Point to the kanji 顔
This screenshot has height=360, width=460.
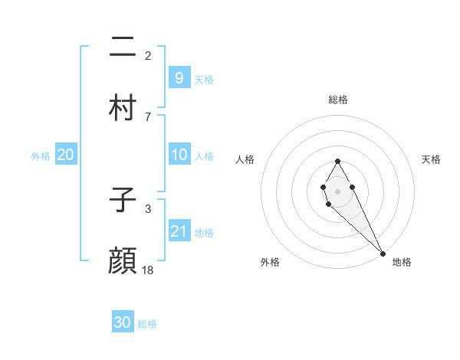click(123, 260)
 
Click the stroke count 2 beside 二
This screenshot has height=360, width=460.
click(148, 56)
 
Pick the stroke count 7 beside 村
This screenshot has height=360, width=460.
click(148, 116)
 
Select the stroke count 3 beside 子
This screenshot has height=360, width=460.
click(148, 208)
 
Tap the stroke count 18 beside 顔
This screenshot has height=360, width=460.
click(149, 270)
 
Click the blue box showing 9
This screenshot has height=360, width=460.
click(179, 77)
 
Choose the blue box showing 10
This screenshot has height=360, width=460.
click(179, 154)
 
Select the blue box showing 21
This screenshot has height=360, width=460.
click(179, 231)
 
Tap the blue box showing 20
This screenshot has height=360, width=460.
click(65, 155)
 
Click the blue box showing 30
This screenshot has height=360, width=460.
click(123, 322)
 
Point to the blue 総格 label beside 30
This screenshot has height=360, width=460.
click(147, 324)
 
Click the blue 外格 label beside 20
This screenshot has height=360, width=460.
click(41, 156)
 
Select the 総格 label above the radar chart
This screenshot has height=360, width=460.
click(337, 100)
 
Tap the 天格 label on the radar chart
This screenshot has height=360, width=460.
click(431, 159)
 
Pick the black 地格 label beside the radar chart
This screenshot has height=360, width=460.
click(402, 262)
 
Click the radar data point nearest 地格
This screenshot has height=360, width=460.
click(383, 253)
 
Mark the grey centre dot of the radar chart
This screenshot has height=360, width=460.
click(337, 190)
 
